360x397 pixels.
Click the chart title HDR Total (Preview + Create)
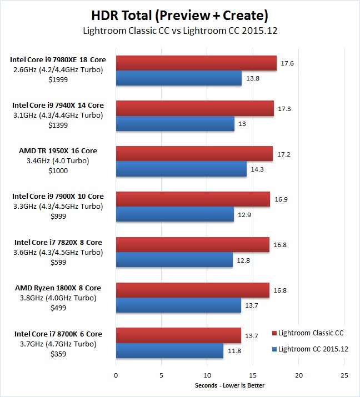(180, 13)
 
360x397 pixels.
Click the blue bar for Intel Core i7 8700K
(169, 351)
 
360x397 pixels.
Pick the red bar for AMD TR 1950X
(194, 154)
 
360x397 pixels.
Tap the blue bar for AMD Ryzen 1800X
(178, 305)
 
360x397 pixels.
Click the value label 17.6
(288, 63)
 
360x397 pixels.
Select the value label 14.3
(257, 169)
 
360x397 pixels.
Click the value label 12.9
(244, 215)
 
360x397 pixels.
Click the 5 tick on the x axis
(162, 375)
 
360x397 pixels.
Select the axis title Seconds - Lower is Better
(230, 385)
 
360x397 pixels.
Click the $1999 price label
(58, 80)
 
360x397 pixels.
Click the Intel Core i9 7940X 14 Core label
(58, 105)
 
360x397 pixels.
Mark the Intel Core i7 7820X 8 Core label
(58, 242)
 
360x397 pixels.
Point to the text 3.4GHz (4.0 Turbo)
(58, 160)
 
